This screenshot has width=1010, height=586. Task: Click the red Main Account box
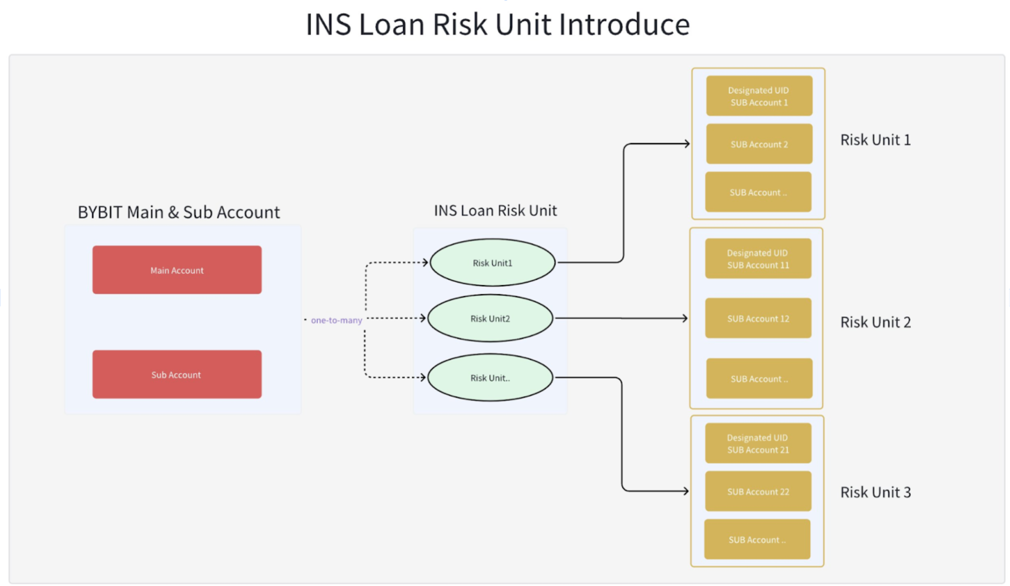(x=177, y=270)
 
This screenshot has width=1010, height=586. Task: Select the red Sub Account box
(x=177, y=375)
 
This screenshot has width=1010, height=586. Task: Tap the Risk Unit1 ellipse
(x=492, y=263)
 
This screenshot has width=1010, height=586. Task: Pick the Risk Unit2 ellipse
(x=490, y=318)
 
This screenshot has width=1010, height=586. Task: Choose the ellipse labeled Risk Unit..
(x=490, y=378)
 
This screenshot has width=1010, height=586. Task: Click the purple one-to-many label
(x=336, y=320)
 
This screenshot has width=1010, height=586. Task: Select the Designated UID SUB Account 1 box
(x=759, y=96)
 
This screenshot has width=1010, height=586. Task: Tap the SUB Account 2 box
(x=759, y=144)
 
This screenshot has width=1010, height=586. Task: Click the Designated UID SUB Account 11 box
(x=758, y=259)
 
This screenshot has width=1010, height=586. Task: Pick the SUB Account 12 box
(x=758, y=318)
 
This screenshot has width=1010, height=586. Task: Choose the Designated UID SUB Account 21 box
(x=758, y=444)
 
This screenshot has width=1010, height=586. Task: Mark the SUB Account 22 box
(x=758, y=492)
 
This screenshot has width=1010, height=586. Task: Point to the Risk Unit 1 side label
(x=875, y=140)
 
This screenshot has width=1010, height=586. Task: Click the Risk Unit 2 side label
(x=875, y=322)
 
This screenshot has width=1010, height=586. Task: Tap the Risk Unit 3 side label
(x=875, y=492)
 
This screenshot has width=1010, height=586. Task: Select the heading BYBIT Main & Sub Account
(x=179, y=212)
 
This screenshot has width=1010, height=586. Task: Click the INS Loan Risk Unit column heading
(x=495, y=211)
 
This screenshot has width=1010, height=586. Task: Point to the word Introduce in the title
(x=624, y=24)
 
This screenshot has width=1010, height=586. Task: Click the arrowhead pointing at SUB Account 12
(x=685, y=318)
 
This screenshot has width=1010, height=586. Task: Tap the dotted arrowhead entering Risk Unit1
(x=425, y=263)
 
